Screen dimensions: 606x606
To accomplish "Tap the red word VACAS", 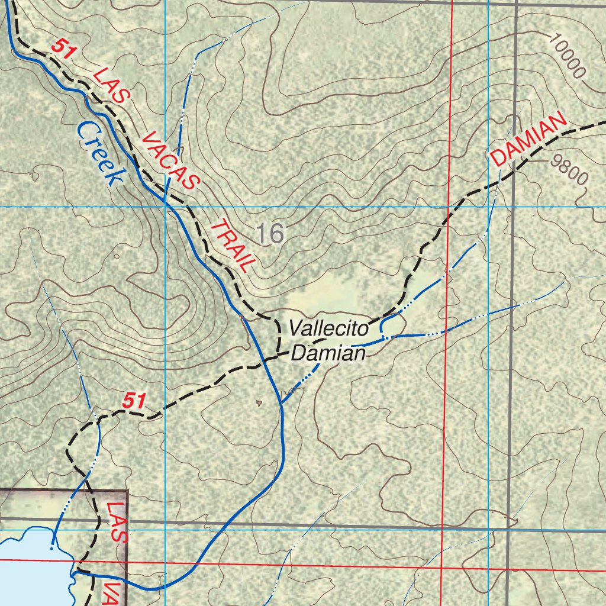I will [x=171, y=161].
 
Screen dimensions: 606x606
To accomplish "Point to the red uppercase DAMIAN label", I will [x=528, y=140].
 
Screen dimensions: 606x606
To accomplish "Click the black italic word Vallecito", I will [x=328, y=328].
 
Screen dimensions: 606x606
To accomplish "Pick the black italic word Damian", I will [x=328, y=354].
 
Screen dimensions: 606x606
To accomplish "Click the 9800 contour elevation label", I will [x=569, y=169].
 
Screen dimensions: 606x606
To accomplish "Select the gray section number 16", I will [x=272, y=234].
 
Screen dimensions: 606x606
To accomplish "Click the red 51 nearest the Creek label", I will [x=63, y=48].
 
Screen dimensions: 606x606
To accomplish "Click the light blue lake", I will [x=30, y=562].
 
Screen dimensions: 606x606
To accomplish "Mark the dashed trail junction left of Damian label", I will [x=279, y=355].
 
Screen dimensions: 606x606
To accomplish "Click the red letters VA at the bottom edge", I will [x=114, y=592].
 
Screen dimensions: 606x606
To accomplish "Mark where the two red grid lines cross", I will [x=443, y=567].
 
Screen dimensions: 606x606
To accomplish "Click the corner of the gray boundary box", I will [x=127, y=491].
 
